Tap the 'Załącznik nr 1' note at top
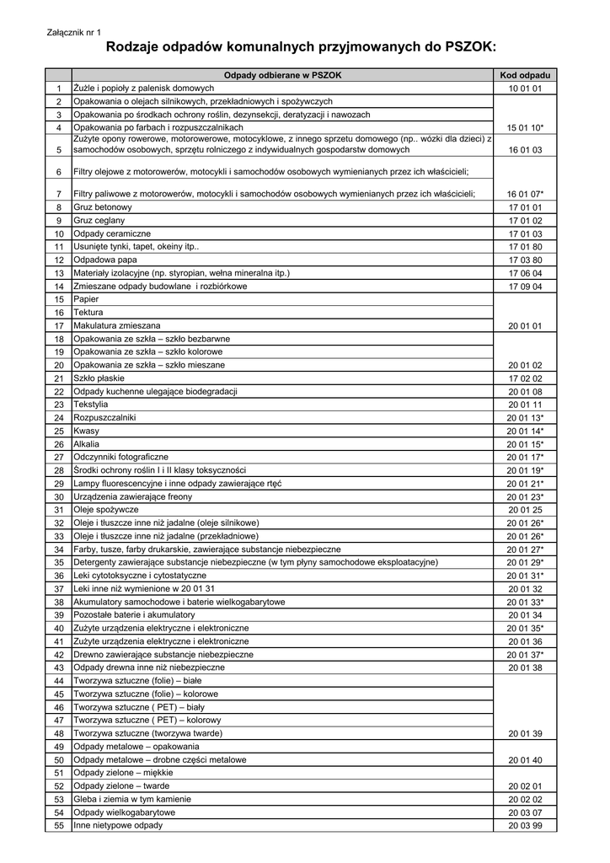coord(73,32)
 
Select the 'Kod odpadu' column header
coord(525,75)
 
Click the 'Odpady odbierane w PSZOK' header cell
coord(282,75)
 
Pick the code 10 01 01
coord(525,88)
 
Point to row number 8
coord(59,206)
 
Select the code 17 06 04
coord(525,273)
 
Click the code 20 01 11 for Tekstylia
coord(525,405)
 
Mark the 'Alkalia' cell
coord(87,443)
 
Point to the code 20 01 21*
coord(525,483)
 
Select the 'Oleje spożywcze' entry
coord(106,509)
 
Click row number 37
coord(59,588)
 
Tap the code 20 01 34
coord(525,614)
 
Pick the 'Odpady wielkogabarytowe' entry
coord(125,812)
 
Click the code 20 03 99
coord(525,825)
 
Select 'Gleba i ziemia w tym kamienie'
coord(132,799)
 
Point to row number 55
coord(59,825)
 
